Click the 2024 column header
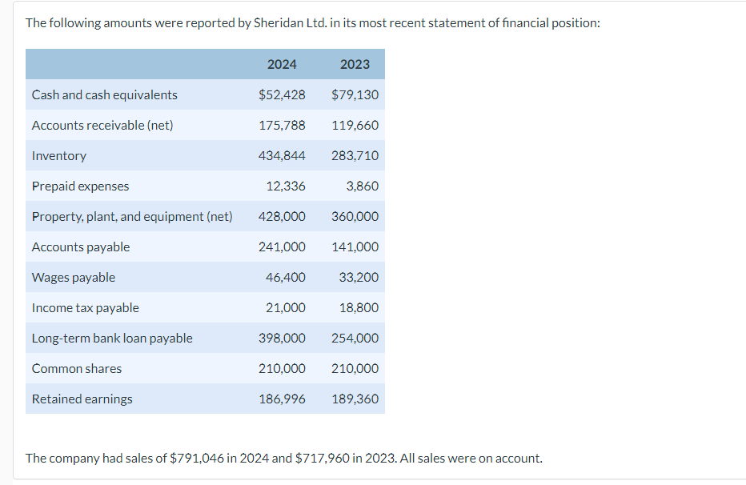click(282, 64)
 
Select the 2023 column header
click(355, 64)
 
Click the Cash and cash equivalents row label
click(105, 94)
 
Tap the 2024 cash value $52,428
click(282, 94)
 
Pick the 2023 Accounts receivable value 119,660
click(355, 125)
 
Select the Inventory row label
click(59, 155)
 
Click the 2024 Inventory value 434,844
click(282, 155)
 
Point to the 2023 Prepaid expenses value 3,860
click(363, 186)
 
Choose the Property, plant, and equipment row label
click(132, 216)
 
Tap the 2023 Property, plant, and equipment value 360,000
click(355, 216)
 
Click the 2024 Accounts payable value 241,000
click(282, 247)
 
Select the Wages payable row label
click(74, 277)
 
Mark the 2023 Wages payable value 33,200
click(359, 277)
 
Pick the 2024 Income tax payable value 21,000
click(286, 307)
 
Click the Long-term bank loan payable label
click(112, 338)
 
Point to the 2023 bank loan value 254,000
click(355, 338)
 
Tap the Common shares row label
click(77, 368)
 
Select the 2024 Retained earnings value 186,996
click(282, 399)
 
